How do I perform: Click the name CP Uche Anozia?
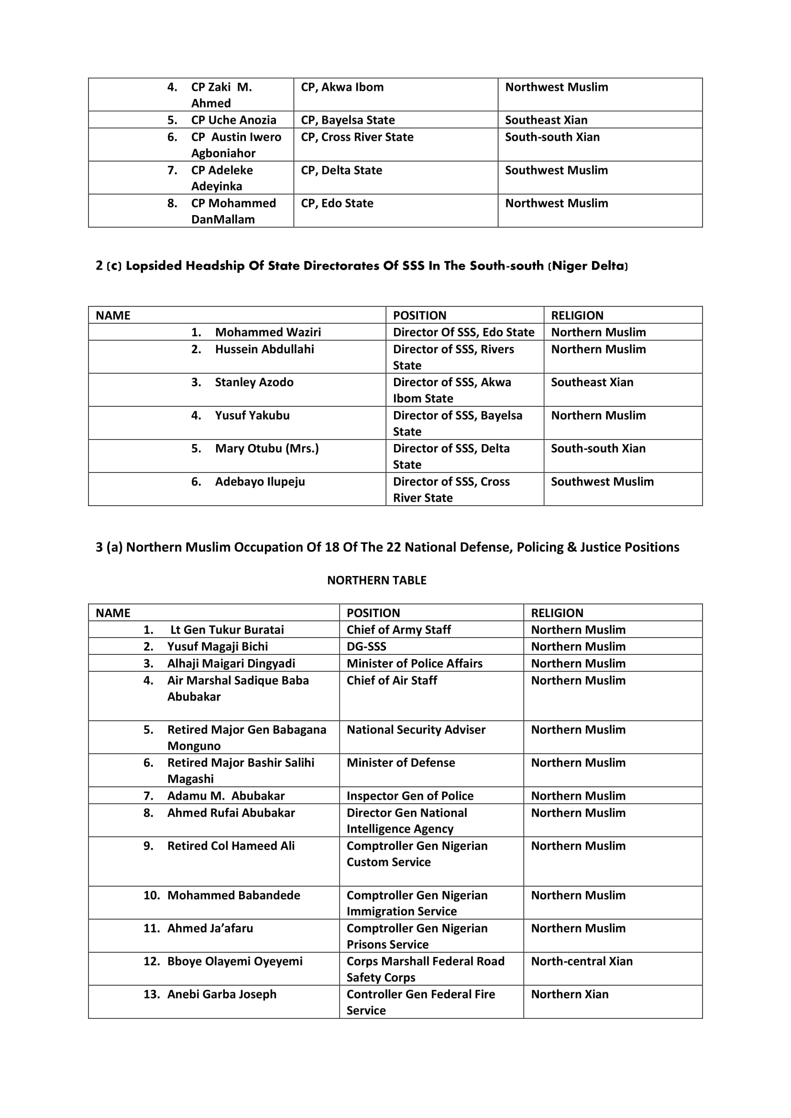pos(233,120)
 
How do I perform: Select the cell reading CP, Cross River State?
pos(357,137)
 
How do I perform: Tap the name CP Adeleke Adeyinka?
pos(222,178)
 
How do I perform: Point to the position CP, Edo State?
pos(337,203)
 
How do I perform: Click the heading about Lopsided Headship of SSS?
pos(362,266)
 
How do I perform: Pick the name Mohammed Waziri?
pos(268,332)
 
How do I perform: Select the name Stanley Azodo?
pos(254,382)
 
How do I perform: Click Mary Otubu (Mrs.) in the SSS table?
pos(267,448)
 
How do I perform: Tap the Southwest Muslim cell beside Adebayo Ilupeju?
pos(602,482)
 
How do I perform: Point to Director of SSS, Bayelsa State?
pos(457,423)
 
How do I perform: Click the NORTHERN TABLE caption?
pos(376,580)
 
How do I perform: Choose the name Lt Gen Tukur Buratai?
pos(227,630)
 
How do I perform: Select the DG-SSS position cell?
pos(366,646)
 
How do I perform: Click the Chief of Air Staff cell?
pos(392,680)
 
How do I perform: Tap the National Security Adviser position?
pos(416,729)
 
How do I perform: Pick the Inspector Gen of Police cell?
pos(410,796)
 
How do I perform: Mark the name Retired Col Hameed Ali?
pos(231,846)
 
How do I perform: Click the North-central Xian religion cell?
pos(582,961)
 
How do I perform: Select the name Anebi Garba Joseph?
pos(221,994)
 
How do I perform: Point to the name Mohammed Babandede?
pos(234,895)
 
